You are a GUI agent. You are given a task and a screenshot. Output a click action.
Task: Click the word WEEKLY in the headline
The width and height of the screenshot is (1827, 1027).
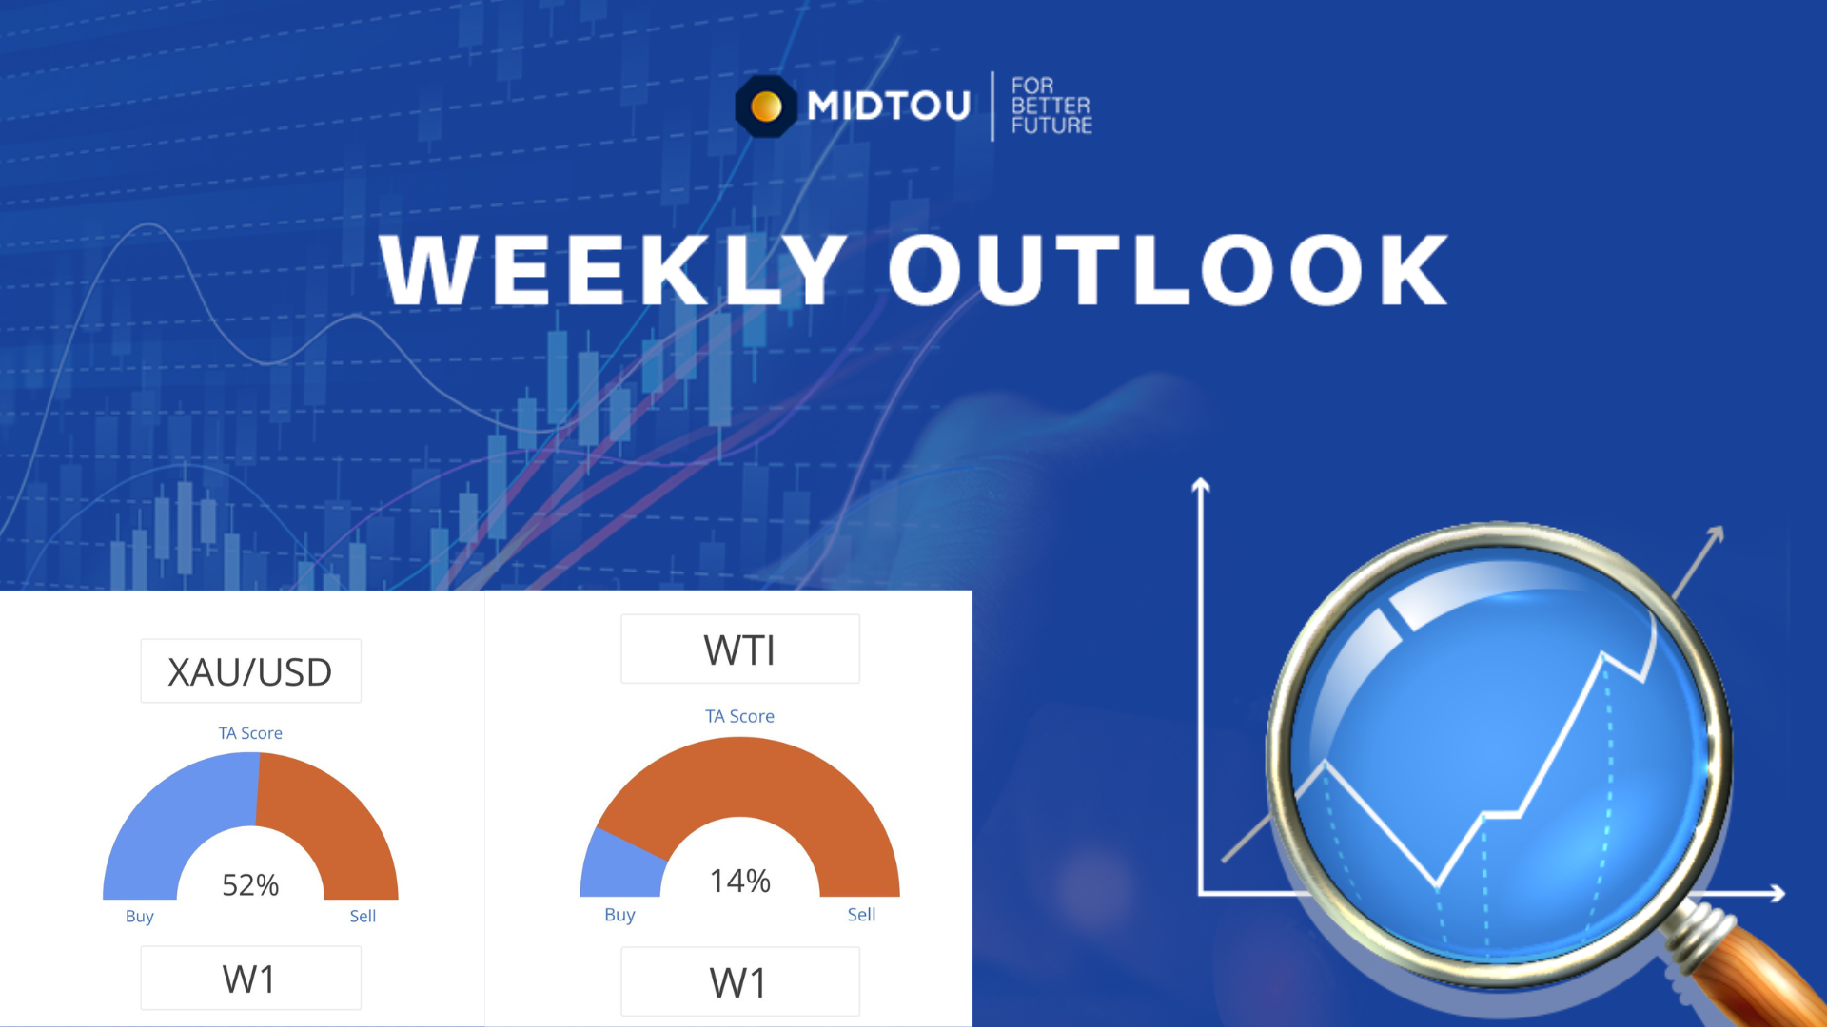point(613,270)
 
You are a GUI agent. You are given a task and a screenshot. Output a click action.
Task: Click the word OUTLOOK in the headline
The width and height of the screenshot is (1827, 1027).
point(1169,270)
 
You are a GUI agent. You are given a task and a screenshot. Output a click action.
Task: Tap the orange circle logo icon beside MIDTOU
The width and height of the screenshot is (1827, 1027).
point(766,107)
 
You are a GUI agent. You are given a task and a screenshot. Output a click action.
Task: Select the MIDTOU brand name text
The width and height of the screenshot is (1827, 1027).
point(889,106)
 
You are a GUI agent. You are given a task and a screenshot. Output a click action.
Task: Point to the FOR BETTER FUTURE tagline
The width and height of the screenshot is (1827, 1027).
point(1051,106)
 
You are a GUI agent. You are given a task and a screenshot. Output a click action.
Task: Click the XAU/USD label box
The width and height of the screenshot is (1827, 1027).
point(250,671)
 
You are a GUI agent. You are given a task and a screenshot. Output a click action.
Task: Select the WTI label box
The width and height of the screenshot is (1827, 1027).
point(740,649)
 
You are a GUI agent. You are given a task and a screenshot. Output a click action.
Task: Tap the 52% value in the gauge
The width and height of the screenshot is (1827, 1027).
point(250,885)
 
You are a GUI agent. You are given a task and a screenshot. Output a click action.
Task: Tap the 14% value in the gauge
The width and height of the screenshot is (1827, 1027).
point(740,882)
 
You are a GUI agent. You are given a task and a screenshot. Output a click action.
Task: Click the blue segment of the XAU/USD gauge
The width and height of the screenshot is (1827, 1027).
point(171,818)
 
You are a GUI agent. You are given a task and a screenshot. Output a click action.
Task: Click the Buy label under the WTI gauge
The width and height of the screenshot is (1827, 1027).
point(619,915)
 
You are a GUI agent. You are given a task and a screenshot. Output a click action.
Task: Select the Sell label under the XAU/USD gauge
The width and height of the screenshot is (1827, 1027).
point(363,916)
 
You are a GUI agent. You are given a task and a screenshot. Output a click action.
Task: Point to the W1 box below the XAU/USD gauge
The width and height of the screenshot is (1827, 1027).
point(250,979)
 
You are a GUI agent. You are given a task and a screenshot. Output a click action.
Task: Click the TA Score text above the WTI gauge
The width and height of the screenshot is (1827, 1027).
point(739,716)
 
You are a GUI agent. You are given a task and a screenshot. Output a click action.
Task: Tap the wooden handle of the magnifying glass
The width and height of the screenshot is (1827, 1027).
point(1770,979)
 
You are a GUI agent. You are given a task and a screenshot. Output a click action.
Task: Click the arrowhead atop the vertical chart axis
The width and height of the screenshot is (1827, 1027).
point(1201,485)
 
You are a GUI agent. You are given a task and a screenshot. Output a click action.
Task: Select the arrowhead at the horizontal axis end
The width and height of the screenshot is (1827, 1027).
point(1777,893)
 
